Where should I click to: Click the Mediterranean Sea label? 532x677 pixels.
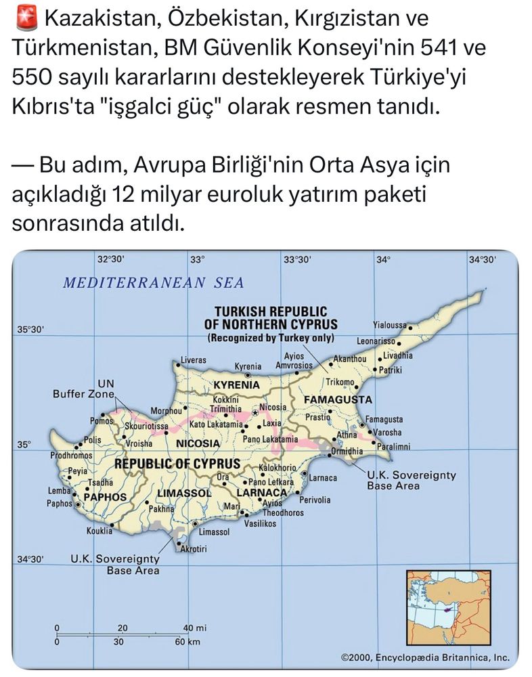pos(153,283)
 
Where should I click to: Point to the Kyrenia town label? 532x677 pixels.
pos(248,366)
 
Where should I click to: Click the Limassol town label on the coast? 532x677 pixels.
pos(215,533)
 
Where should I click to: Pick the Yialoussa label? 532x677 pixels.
pos(389,324)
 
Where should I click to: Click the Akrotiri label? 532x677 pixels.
pos(193,548)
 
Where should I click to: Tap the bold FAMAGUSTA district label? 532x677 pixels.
pos(338,399)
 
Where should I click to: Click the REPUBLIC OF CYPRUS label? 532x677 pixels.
pos(177,464)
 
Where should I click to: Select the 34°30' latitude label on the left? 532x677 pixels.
pos(30,559)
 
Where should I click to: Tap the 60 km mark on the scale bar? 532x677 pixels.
pos(185,641)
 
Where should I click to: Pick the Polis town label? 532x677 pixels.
pos(93,439)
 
